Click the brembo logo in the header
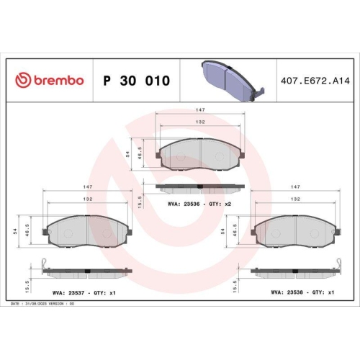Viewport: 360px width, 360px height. [50, 81]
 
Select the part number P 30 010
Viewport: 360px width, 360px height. [137, 81]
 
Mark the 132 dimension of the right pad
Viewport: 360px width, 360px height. [294, 198]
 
